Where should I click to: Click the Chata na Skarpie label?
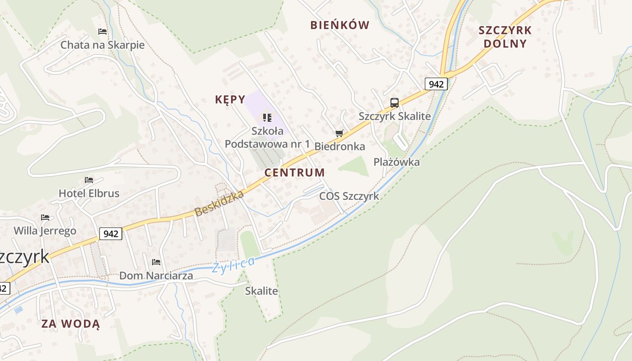(102, 45)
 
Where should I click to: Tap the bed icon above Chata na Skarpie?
(102, 32)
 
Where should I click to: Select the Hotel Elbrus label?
(89, 194)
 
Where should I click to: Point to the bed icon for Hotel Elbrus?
(89, 180)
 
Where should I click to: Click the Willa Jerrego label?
(45, 231)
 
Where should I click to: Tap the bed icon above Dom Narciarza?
(156, 262)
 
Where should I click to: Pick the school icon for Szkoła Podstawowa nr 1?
(267, 118)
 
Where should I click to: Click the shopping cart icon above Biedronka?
(339, 133)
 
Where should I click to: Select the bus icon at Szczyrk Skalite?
(395, 103)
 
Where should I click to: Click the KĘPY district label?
(230, 100)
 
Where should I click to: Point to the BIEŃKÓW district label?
(339, 25)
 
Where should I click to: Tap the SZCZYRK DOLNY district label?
(505, 37)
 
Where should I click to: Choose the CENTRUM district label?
(294, 172)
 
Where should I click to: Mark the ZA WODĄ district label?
(70, 324)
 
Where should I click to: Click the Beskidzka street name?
(219, 203)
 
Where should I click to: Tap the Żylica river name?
(233, 264)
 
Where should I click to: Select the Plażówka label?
(396, 162)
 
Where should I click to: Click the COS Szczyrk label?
(349, 196)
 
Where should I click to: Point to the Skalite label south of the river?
(261, 291)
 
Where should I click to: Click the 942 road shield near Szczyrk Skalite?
(436, 84)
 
